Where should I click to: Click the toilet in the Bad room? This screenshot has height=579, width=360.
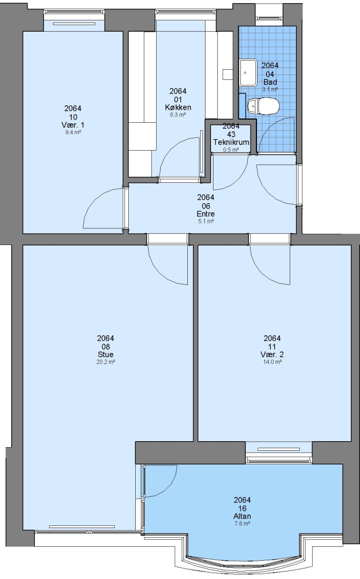pos(263,106)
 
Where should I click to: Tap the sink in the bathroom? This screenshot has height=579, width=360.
pos(248,73)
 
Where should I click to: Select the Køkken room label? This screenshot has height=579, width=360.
pos(178,107)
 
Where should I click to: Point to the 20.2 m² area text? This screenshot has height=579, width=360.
pos(105,362)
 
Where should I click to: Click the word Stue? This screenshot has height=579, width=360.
pos(105,354)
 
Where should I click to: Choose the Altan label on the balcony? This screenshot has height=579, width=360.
pos(242,516)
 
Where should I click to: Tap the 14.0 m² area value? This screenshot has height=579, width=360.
pos(272,362)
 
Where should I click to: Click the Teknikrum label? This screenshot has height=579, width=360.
pos(231,142)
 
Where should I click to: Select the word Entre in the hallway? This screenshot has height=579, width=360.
pos(205,214)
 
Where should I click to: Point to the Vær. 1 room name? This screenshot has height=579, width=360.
pos(73,125)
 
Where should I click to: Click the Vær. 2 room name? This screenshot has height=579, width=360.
pos(272,354)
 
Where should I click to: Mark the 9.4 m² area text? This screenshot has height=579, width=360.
pos(73,132)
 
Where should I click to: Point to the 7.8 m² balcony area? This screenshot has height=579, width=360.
pos(242,524)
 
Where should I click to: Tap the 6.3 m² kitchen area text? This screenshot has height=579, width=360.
pos(178,115)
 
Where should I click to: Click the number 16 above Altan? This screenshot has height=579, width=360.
pos(242,508)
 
